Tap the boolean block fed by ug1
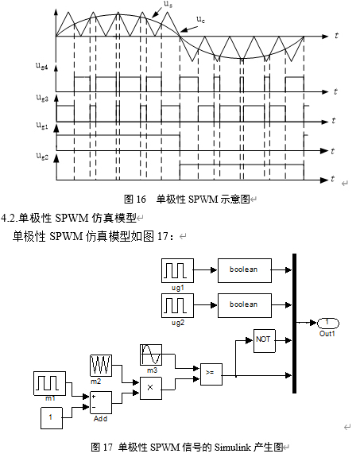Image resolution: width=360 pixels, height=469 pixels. [244, 270]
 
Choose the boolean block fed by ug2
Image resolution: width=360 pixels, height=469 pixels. [244, 304]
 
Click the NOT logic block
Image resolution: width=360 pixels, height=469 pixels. [264, 340]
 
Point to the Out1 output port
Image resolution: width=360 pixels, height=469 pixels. [327, 323]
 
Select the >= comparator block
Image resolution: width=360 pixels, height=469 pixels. [211, 373]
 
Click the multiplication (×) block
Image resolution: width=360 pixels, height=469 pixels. [150, 387]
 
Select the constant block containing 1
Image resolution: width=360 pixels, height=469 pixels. [51, 416]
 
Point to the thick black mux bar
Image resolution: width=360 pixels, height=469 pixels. [295, 323]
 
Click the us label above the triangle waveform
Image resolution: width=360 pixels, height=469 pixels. [167, 5]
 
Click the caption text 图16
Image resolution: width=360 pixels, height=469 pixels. [132, 200]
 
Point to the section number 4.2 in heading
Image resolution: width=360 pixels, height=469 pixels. [10, 217]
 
